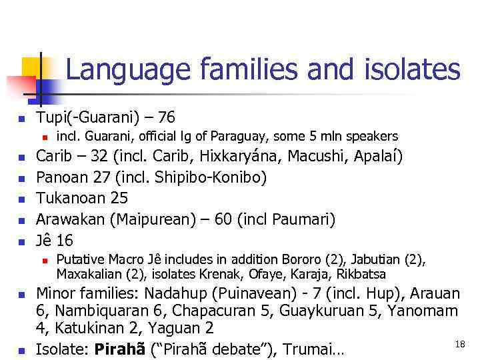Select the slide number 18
point(459,343)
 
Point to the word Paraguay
point(238,137)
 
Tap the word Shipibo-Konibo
point(211,177)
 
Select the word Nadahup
point(170,293)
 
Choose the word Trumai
point(311,348)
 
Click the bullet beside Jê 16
point(21,241)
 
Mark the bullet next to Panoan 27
point(21,178)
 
